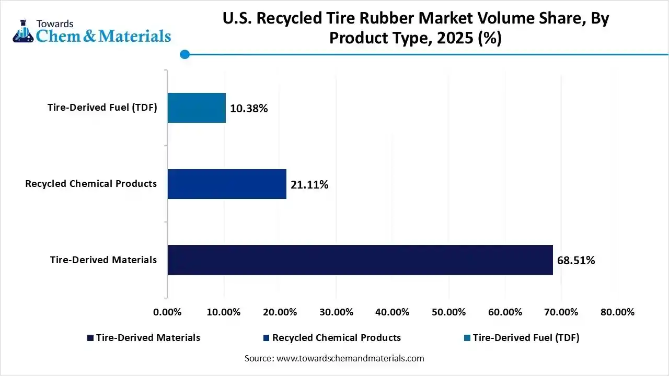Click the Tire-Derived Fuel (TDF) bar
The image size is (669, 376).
pyautogui.click(x=197, y=108)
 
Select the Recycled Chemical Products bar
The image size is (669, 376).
pyautogui.click(x=227, y=184)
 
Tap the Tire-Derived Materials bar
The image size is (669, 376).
pyautogui.click(x=360, y=260)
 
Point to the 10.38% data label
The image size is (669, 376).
pyautogui.click(x=249, y=109)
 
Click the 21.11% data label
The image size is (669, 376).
pyautogui.click(x=309, y=184)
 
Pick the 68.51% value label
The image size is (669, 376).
pyautogui.click(x=576, y=260)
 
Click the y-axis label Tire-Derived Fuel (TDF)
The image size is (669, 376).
pyautogui.click(x=102, y=108)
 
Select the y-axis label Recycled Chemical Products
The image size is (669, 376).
pyautogui.click(x=91, y=183)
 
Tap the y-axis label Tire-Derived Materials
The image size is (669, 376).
pyautogui.click(x=103, y=260)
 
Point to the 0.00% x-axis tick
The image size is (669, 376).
pyautogui.click(x=167, y=312)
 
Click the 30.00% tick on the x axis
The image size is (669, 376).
pyautogui.click(x=336, y=312)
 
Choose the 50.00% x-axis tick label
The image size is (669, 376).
pyautogui.click(x=449, y=312)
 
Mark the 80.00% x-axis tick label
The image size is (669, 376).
pyautogui.click(x=617, y=312)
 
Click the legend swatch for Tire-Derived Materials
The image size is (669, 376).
pyautogui.click(x=90, y=338)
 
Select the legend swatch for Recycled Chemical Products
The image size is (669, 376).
pyautogui.click(x=267, y=338)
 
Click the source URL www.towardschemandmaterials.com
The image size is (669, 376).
pyautogui.click(x=349, y=358)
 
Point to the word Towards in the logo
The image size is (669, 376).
pyautogui.click(x=55, y=23)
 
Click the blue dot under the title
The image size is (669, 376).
pyautogui.click(x=184, y=54)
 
